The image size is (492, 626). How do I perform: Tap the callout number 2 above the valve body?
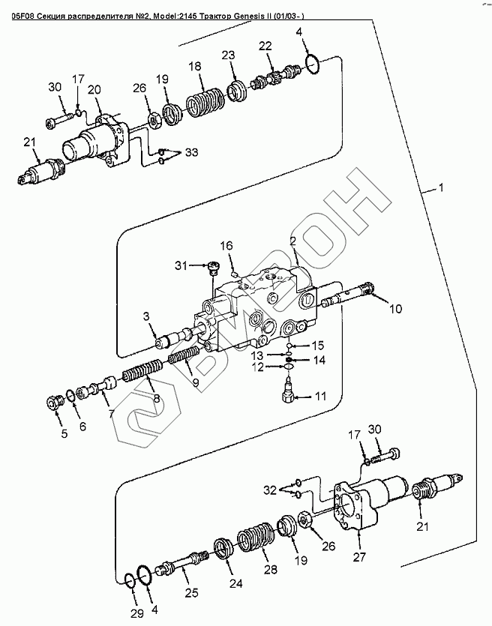click(292, 241)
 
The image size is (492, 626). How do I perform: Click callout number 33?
click(191, 153)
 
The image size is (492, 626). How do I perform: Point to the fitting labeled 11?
click(287, 392)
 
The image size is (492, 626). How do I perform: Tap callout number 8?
click(156, 398)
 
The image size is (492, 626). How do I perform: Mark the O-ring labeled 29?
click(130, 580)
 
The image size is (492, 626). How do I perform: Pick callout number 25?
click(191, 593)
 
